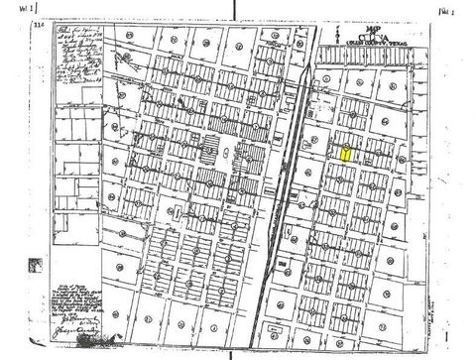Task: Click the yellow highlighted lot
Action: (x=344, y=154)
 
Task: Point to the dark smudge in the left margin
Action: (x=37, y=263)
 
